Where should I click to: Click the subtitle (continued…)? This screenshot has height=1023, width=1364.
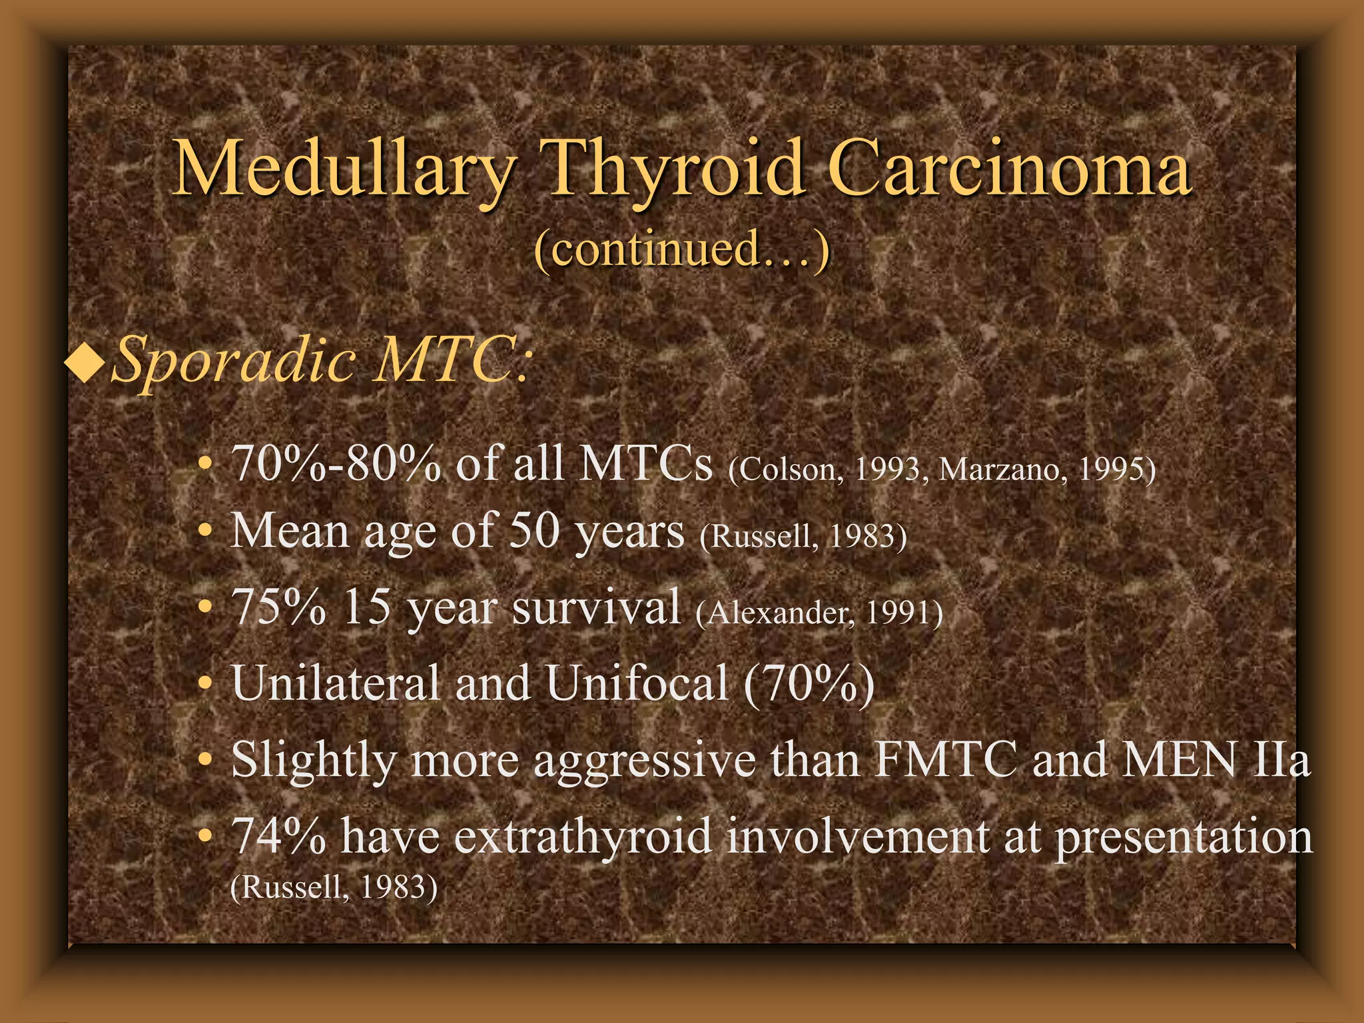point(682,248)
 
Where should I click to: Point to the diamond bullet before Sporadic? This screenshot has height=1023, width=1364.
point(85,360)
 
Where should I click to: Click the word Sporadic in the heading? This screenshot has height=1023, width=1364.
point(234,360)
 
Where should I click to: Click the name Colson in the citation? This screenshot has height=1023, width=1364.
point(787,470)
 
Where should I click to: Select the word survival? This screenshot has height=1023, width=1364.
point(597,607)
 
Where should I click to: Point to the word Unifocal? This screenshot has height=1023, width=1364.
point(637,683)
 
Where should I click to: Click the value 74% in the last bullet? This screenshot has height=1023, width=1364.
point(278,835)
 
